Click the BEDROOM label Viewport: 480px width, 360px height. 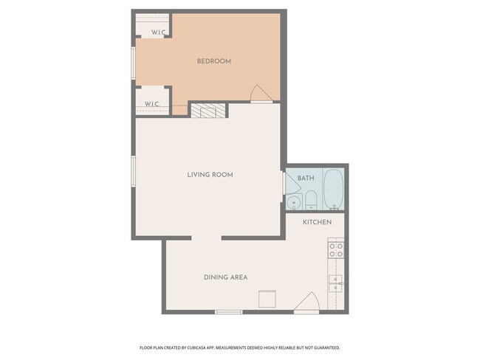(214, 61)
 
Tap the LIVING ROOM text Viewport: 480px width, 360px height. (210, 175)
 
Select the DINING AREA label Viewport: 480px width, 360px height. (226, 277)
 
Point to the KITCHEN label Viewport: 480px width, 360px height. (317, 222)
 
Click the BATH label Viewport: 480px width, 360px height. (306, 178)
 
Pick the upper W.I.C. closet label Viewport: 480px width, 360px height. (159, 32)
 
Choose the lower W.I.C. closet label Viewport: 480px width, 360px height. (152, 104)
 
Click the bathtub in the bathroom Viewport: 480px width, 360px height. (334, 190)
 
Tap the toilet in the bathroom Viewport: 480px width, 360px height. (311, 200)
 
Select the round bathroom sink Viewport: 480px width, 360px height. (294, 202)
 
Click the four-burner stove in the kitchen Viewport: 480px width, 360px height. (336, 250)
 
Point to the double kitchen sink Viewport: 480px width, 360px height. (335, 284)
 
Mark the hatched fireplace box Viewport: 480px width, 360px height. (208, 111)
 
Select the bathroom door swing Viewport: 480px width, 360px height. (292, 183)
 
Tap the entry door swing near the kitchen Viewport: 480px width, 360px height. (307, 302)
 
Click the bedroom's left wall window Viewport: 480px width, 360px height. (133, 63)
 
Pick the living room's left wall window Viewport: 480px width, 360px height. (133, 171)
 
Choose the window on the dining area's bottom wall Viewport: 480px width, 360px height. (229, 312)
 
